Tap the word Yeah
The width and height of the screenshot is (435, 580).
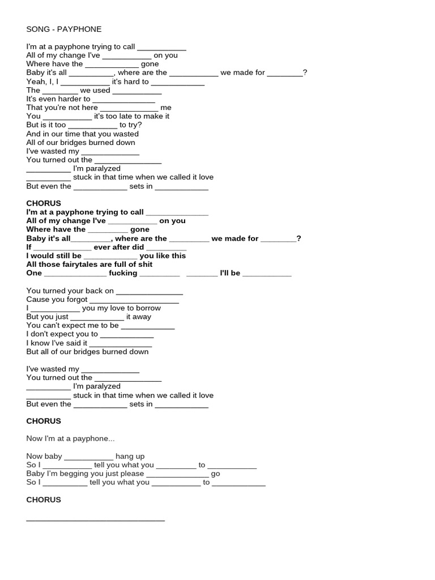(35, 82)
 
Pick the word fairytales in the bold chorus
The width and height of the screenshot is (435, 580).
(88, 265)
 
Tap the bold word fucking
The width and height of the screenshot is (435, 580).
(123, 273)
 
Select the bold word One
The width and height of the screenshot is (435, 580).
(35, 273)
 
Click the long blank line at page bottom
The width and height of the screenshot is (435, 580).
(96, 519)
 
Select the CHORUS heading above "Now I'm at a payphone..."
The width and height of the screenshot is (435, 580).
(44, 421)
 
